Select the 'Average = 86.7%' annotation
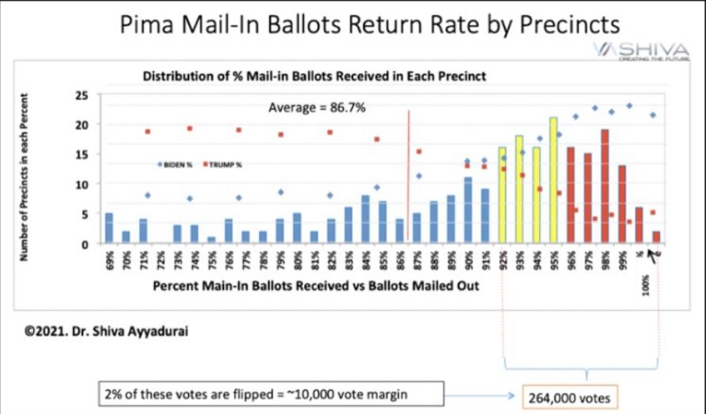[x=317, y=108]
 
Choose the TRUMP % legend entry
[x=224, y=164]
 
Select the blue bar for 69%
[x=109, y=228]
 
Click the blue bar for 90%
[x=468, y=211]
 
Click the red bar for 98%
[x=605, y=187]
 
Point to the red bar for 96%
[x=571, y=195]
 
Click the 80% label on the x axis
[x=297, y=259]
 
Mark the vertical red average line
[x=408, y=175]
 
